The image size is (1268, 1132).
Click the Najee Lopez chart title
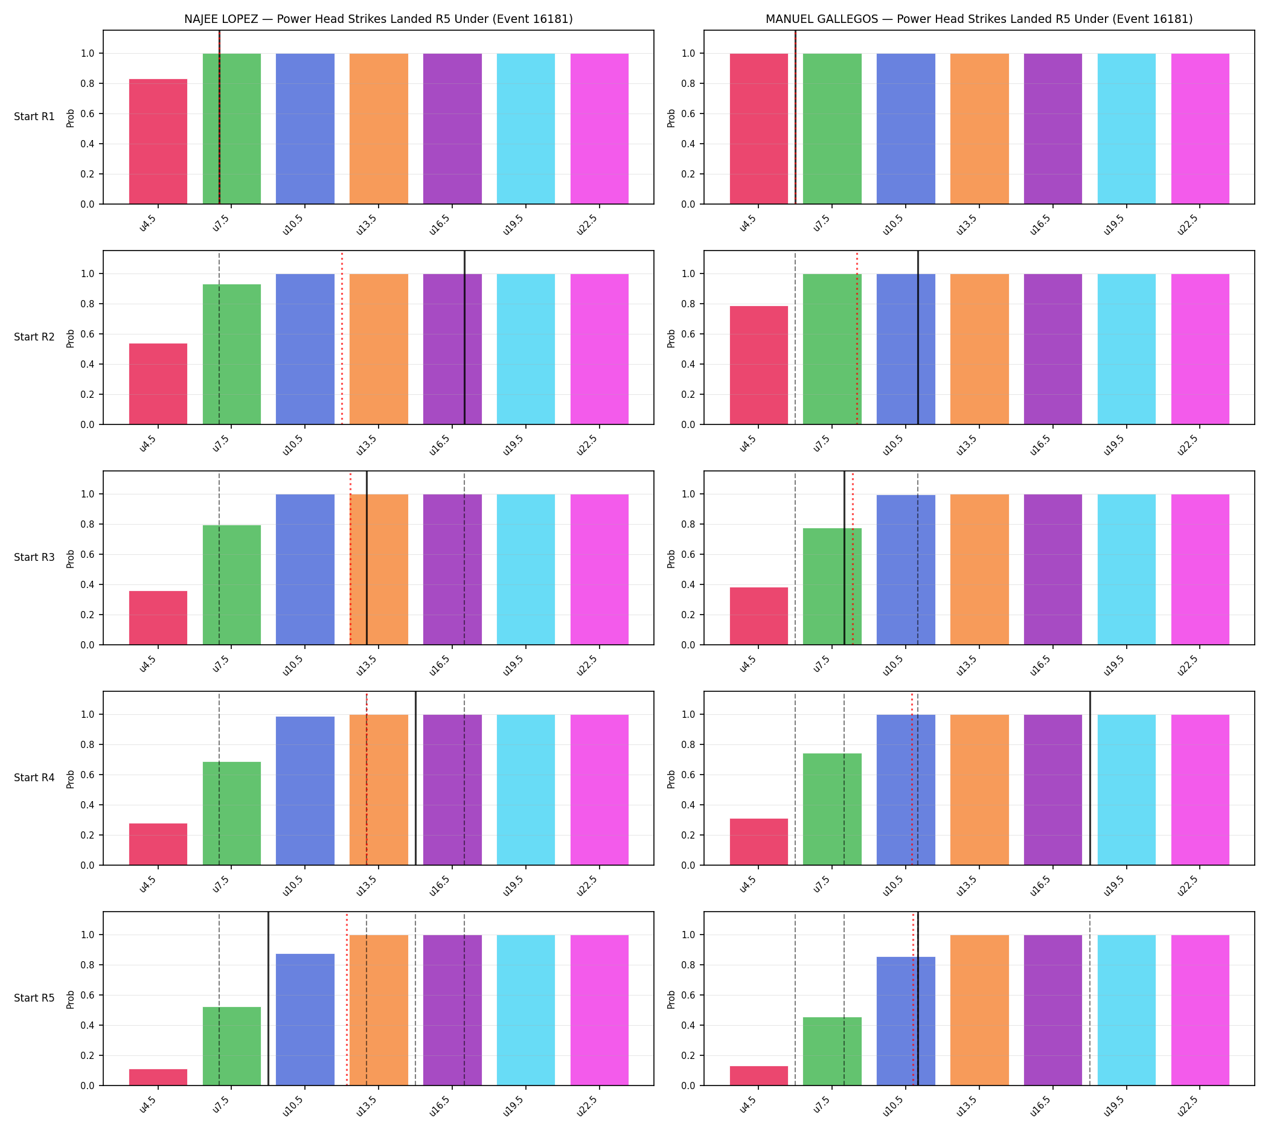coord(378,19)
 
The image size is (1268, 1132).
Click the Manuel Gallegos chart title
coord(979,19)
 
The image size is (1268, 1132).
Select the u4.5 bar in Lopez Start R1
coord(158,141)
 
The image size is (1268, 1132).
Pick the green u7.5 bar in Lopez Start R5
coord(231,1046)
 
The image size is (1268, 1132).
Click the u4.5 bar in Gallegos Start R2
coord(758,365)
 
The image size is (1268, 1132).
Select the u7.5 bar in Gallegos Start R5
coord(832,1051)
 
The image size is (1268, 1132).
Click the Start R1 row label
coord(34,117)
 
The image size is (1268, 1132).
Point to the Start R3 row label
coord(34,557)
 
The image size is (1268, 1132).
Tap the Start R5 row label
coord(34,999)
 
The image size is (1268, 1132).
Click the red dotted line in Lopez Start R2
coord(342,337)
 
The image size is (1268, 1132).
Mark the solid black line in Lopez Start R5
coord(268,999)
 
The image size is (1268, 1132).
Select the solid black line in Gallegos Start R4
coord(1089,778)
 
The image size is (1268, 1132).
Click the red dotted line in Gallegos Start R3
coord(853,558)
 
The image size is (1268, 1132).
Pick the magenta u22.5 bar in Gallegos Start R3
coord(1200,569)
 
